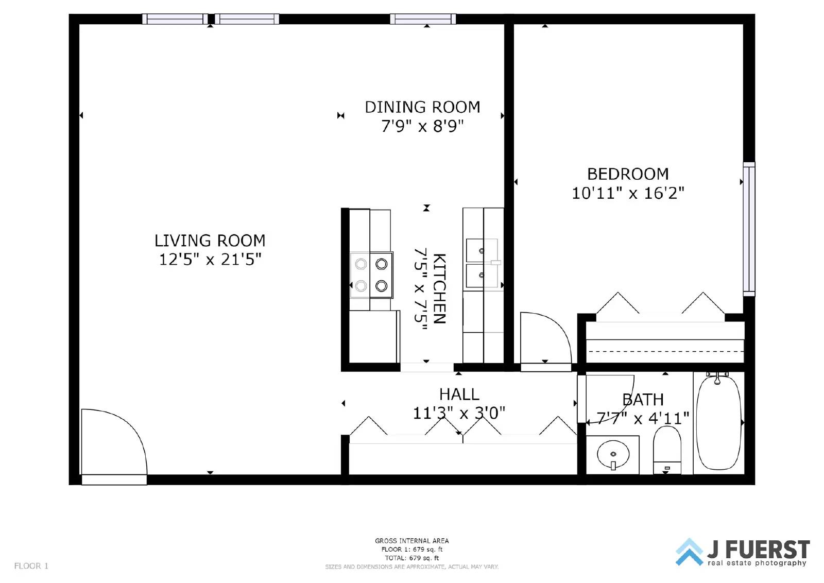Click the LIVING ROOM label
210,241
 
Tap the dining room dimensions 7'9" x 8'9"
422,126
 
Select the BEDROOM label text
628,174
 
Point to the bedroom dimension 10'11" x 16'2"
628,193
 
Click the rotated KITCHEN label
439,288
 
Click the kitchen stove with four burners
371,275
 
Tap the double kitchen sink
483,263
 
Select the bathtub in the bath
718,422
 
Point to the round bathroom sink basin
613,455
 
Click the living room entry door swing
113,443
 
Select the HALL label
459,395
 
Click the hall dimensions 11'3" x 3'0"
459,413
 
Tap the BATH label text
643,400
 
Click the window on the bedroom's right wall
749,229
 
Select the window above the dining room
422,19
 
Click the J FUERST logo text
758,550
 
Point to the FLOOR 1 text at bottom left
31,566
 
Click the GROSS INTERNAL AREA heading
411,541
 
